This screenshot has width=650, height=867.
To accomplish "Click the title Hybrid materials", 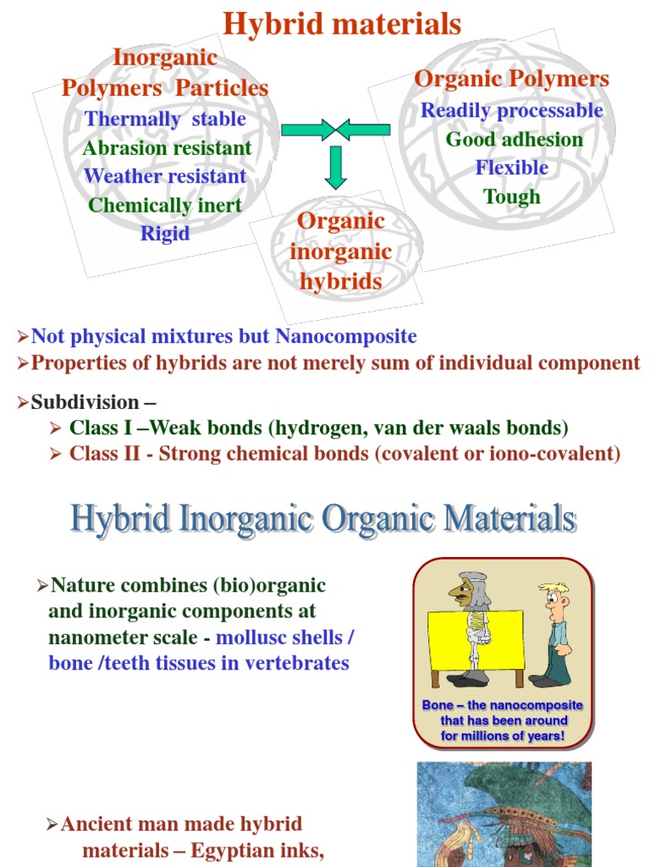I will (x=342, y=24).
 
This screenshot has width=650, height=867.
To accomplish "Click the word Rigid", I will (x=165, y=234).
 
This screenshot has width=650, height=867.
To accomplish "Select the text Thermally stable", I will (x=165, y=119).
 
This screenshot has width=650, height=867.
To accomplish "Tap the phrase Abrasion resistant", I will (x=167, y=148).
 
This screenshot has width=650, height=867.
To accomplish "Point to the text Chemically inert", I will (x=165, y=205).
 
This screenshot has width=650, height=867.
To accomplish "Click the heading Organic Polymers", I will (x=511, y=79).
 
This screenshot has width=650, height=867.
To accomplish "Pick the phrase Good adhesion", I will (x=515, y=140).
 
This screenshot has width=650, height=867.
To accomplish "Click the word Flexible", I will (x=511, y=168).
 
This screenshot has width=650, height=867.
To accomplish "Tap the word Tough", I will (x=511, y=197).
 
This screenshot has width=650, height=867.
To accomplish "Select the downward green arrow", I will (x=336, y=167).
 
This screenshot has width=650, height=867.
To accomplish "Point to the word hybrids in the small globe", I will (x=341, y=281).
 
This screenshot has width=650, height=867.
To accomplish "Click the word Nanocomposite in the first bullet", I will (x=345, y=336).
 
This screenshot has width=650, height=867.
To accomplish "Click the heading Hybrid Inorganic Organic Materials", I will (x=323, y=519).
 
